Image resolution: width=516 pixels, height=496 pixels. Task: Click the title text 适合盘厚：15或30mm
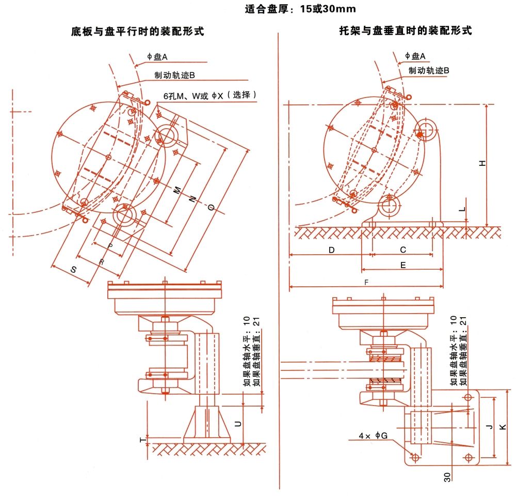300,9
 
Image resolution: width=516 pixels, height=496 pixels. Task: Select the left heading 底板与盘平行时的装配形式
137,32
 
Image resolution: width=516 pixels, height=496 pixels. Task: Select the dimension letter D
332,250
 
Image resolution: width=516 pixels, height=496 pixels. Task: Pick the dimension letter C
403,250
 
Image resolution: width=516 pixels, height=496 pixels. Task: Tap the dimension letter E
403,265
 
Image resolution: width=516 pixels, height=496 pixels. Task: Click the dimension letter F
366,283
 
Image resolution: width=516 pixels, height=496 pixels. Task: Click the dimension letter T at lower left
142,440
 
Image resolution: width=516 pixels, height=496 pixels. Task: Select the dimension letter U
238,424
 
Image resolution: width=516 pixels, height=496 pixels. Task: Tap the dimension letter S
74,270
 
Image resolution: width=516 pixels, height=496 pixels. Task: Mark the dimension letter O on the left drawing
211,207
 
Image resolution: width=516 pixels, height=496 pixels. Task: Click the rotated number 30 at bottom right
447,476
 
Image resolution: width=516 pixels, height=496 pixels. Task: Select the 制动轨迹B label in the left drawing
174,75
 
